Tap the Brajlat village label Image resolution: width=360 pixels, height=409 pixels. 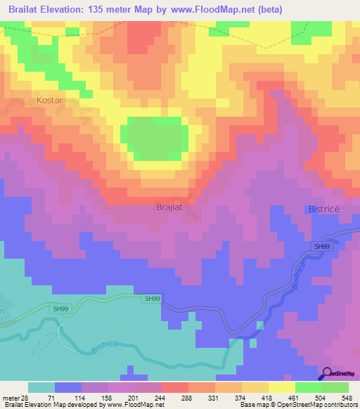169,208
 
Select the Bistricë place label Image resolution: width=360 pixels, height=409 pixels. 324,209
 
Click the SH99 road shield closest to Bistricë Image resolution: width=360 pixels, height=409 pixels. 321,247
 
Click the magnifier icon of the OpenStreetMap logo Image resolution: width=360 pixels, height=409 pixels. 328,373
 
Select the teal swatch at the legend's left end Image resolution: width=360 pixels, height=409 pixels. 41,387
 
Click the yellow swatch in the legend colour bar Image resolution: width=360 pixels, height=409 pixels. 281,387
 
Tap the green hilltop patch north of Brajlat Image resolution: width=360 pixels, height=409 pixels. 155,138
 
